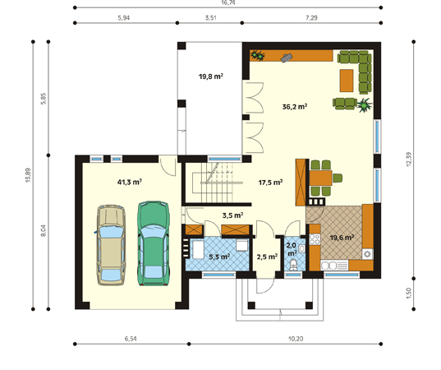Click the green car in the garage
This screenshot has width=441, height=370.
coord(154,243)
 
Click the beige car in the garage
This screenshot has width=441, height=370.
coord(111,245)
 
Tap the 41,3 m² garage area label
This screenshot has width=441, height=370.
coord(130,183)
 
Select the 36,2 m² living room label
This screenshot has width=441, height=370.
coord(295,107)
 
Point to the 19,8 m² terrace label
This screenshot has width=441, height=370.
coord(211,76)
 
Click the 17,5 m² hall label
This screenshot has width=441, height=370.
coord(270,183)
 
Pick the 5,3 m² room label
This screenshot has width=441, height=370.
coord(219,257)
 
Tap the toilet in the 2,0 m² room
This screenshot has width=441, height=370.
coord(293,266)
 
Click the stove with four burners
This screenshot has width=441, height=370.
coord(315,239)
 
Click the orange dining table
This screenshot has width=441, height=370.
coord(320,178)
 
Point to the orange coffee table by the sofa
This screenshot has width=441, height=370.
coord(347,81)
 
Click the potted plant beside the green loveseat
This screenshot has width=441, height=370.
coord(365,105)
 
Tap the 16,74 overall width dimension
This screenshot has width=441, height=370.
coord(227,2)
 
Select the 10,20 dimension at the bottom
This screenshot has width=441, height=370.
coord(296,339)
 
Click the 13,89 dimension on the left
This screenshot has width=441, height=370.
coord(28,175)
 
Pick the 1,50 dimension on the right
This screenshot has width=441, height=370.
coord(409,294)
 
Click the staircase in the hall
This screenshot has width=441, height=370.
coord(218,183)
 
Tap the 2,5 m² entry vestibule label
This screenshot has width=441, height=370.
coord(267,257)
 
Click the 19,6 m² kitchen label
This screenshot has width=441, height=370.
coord(342,238)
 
